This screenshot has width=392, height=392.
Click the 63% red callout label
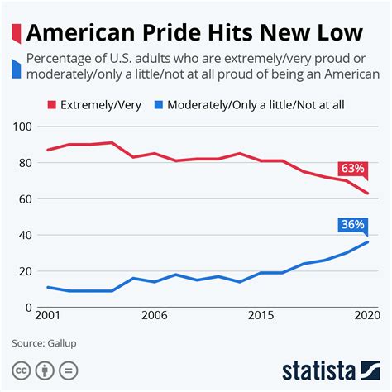(352, 169)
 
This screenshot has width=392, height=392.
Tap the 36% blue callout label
(352, 223)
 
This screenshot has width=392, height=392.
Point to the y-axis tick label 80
(24, 163)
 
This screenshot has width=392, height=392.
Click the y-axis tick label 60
(24, 198)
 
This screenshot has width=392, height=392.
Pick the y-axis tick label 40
(24, 235)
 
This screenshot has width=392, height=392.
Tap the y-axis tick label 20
(24, 271)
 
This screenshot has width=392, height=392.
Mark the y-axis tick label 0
(27, 307)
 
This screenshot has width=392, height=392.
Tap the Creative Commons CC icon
(20, 369)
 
